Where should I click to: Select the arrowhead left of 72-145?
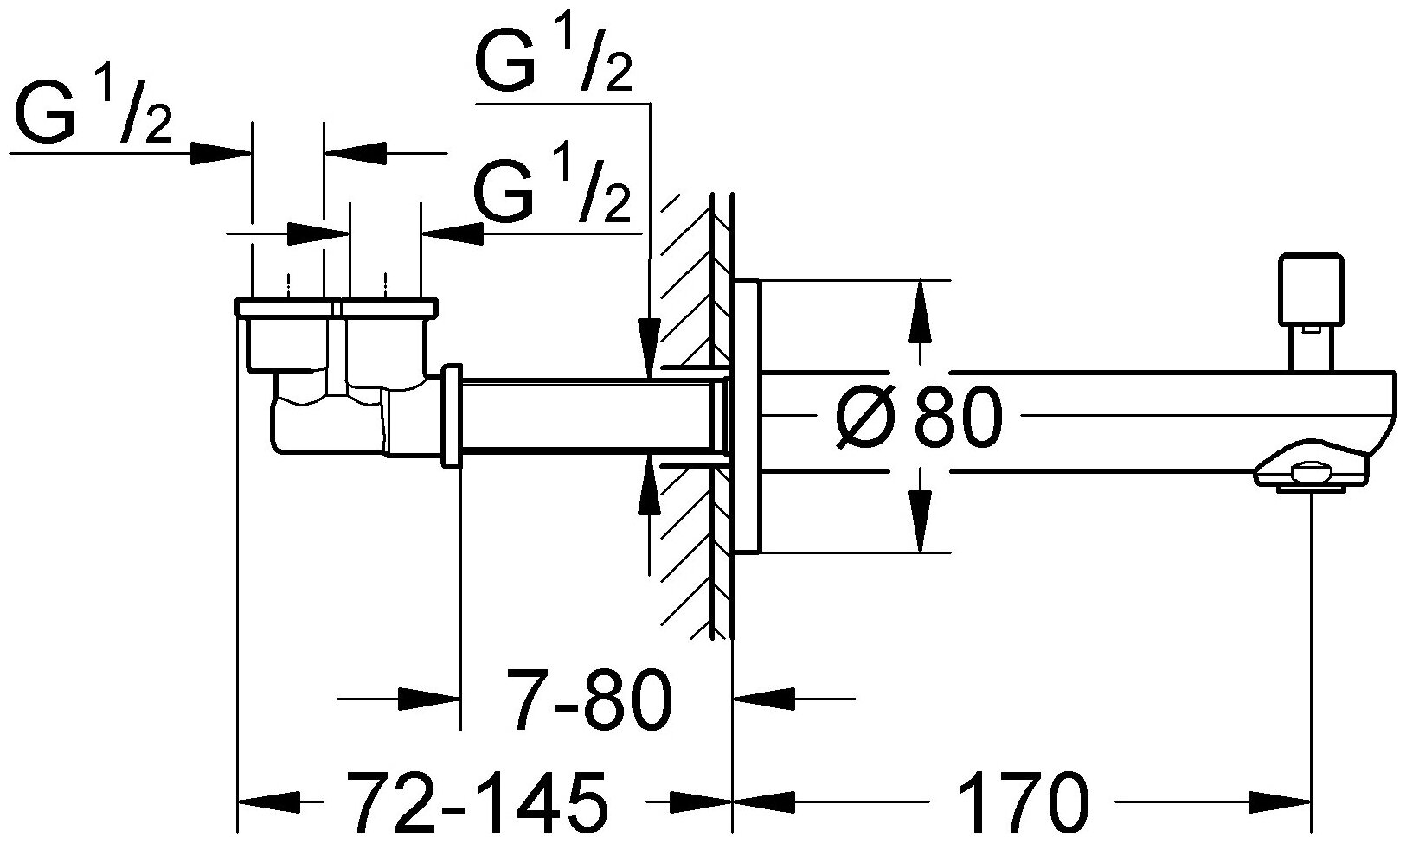pos(268,801)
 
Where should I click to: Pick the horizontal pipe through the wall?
pos(588,415)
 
